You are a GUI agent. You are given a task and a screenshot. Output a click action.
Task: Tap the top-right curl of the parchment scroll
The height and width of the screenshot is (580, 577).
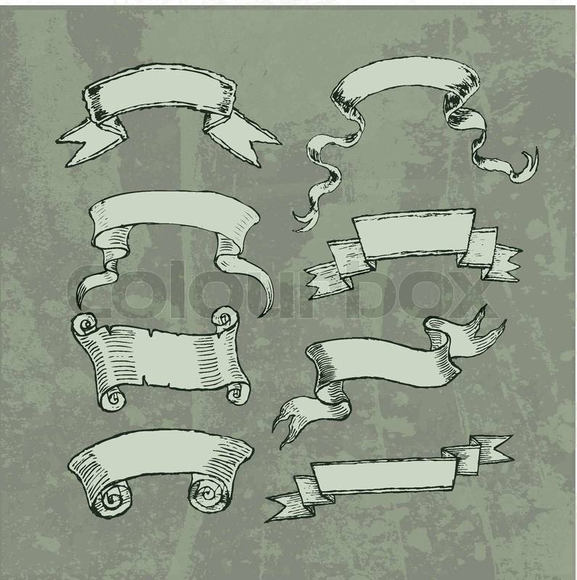click(x=224, y=318)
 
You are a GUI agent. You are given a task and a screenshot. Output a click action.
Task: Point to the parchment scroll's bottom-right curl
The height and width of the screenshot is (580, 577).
click(x=237, y=393)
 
